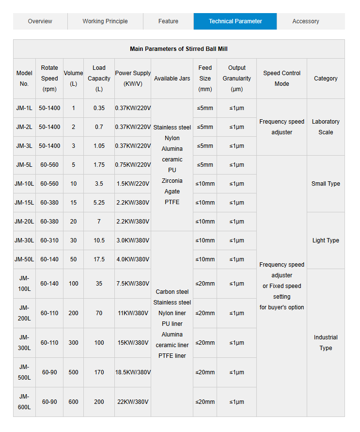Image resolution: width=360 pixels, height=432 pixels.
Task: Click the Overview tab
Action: pos(40,21)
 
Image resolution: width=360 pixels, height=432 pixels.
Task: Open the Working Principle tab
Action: pos(105,21)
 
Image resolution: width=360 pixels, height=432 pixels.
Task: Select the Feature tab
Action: pos(168,21)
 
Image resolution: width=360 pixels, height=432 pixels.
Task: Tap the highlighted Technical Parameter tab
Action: pos(235,21)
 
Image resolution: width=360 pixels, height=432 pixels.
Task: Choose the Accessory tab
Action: pos(306,21)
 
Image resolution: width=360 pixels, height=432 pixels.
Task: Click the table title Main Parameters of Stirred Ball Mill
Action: pos(179,49)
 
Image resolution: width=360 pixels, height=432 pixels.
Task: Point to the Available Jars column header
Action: pos(172,79)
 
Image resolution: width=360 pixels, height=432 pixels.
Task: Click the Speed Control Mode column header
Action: pos(282,79)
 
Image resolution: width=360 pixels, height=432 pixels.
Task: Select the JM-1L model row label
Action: pos(24,108)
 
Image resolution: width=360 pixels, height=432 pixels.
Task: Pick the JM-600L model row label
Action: pos(24,402)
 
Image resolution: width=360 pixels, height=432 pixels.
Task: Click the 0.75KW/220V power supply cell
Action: pos(133,165)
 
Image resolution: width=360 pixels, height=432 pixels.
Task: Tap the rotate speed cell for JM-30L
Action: pos(49,240)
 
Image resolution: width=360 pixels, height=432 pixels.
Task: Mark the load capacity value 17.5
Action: pos(99,259)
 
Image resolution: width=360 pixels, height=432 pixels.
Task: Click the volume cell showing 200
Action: pos(73,313)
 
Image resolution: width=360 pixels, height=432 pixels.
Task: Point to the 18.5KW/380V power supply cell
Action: pos(133,372)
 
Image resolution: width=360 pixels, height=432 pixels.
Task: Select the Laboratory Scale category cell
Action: pos(326,127)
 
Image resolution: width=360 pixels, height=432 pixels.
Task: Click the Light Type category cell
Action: pos(326,240)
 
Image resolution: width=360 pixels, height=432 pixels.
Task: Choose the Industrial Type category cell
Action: pos(326,343)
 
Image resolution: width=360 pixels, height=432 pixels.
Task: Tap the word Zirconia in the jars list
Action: pos(172,181)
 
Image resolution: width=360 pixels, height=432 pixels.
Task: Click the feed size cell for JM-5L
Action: pos(205,165)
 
